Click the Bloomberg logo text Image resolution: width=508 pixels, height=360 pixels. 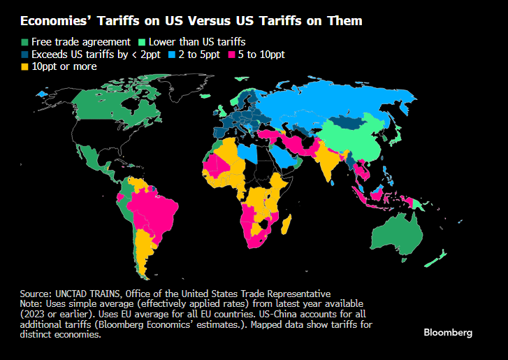(x=448, y=332)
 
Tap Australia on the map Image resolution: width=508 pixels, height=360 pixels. (x=401, y=234)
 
